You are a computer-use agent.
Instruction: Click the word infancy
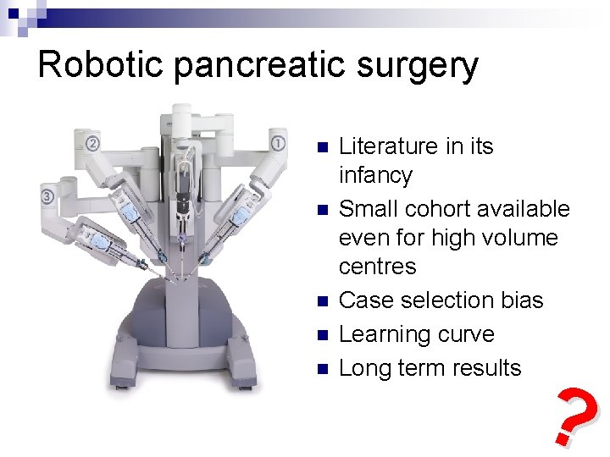coord(375,176)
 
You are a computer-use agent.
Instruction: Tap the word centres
coord(377,267)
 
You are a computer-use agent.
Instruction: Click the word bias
coord(518,300)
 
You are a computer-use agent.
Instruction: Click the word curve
coord(468,334)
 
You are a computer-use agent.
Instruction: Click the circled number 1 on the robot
coord(278,141)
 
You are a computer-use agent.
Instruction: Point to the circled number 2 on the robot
coord(92,142)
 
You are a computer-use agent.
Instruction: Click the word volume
coord(518,238)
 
